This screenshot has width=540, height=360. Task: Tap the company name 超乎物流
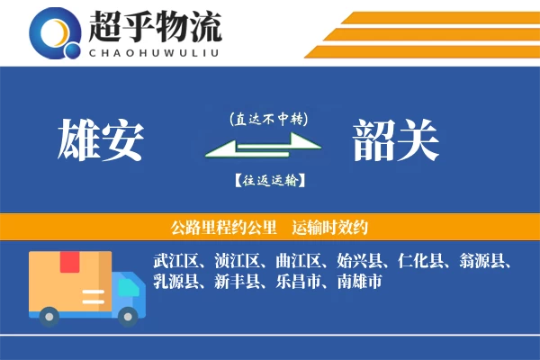click(154, 26)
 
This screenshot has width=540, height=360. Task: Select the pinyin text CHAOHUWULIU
click(154, 51)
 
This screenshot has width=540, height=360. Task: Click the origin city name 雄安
click(100, 140)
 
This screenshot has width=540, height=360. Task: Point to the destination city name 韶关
click(395, 140)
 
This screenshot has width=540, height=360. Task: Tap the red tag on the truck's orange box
click(70, 262)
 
